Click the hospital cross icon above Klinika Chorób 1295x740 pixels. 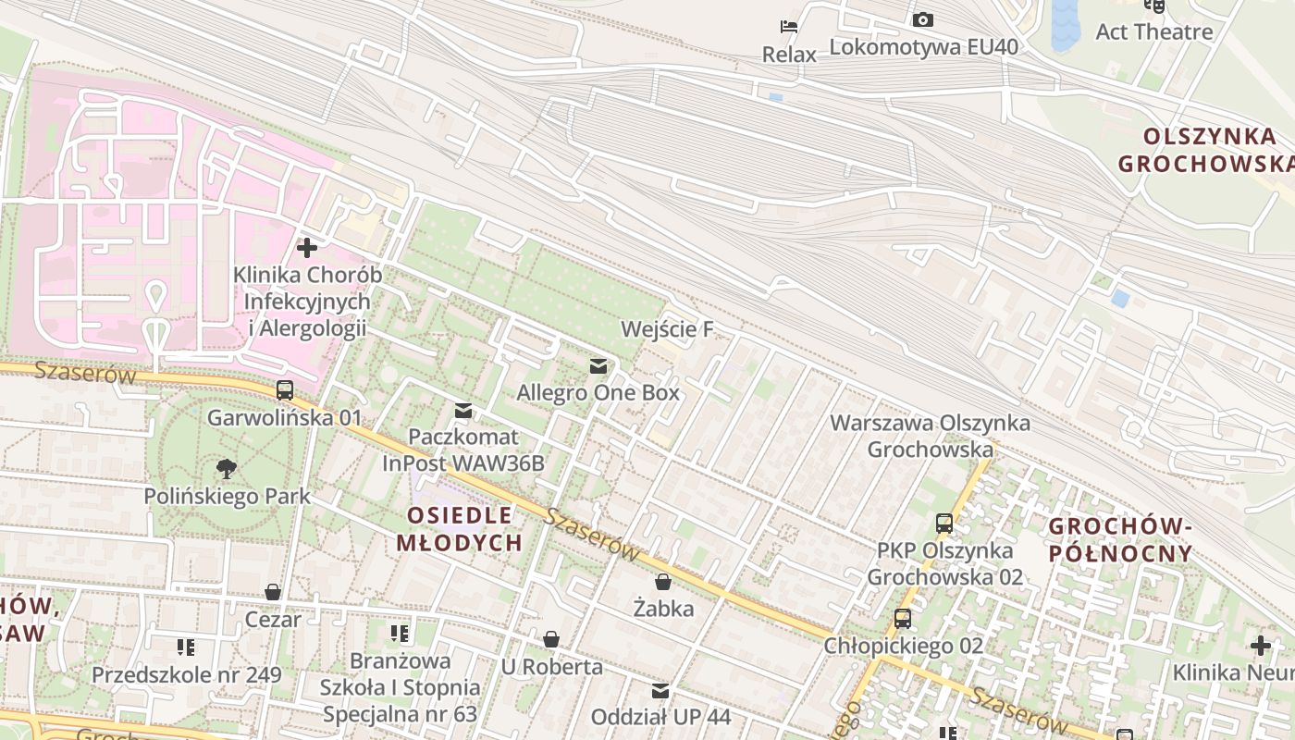tap(306, 248)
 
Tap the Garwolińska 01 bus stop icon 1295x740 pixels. tap(285, 390)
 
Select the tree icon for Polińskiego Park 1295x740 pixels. tap(225, 469)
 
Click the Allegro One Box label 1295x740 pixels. tap(598, 392)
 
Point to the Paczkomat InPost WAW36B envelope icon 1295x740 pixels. tap(462, 411)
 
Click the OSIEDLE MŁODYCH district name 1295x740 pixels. tap(459, 529)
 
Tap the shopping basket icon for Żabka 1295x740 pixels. tap(663, 582)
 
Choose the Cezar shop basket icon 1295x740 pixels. tap(273, 592)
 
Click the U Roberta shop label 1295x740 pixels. tap(551, 667)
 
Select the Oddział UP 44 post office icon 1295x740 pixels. tap(660, 691)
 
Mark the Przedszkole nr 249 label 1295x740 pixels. tap(186, 674)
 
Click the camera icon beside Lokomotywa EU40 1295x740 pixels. tap(922, 19)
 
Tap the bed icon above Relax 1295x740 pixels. tap(789, 27)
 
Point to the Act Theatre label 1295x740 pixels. tap(1153, 31)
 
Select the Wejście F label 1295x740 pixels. tap(668, 329)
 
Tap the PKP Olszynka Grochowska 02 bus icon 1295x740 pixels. tap(943, 524)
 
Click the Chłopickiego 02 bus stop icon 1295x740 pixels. tap(902, 619)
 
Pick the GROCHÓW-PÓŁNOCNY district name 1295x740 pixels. tap(1120, 540)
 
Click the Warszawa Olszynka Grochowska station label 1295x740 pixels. tap(930, 436)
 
